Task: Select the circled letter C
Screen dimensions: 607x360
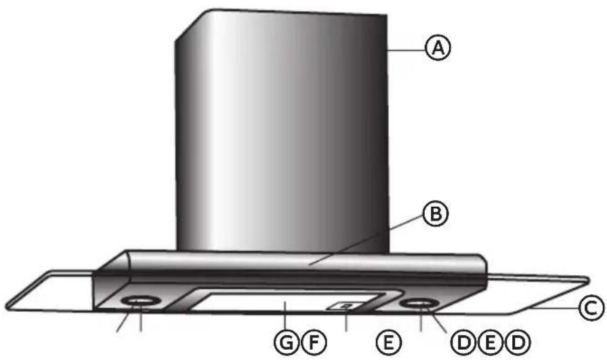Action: point(591,309)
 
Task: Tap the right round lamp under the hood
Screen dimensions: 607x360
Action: point(418,304)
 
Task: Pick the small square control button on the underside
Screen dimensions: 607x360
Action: point(346,306)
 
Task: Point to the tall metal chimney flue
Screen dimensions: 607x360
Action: point(281,136)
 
